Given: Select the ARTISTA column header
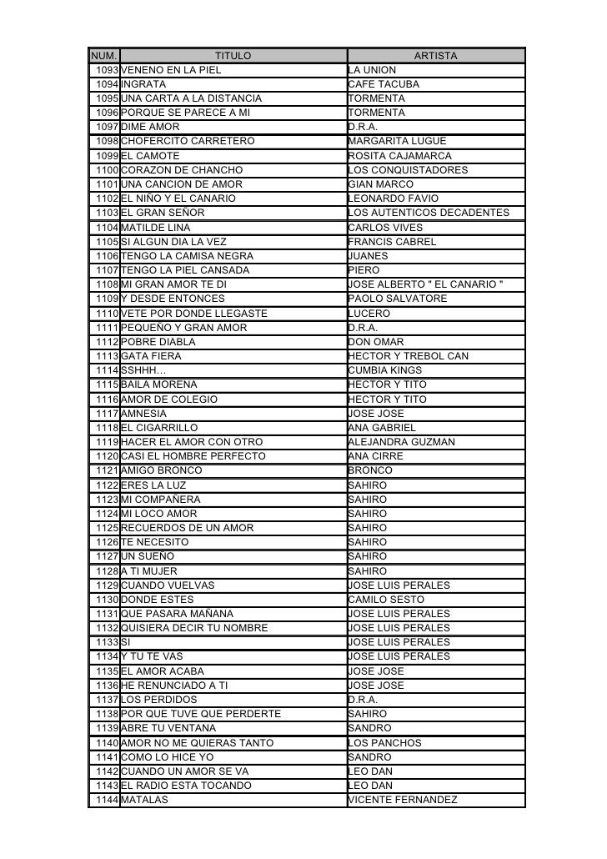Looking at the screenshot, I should click(435, 56).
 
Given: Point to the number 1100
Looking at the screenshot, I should click(107, 170).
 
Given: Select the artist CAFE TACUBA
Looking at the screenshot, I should click(384, 84).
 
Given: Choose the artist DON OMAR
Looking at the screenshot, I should click(375, 342).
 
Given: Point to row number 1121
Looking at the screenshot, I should click(107, 470).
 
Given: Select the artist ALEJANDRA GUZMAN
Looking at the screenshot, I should click(401, 442).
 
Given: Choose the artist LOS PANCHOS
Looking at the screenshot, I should click(384, 743).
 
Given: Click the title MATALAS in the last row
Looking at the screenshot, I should click(144, 800).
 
